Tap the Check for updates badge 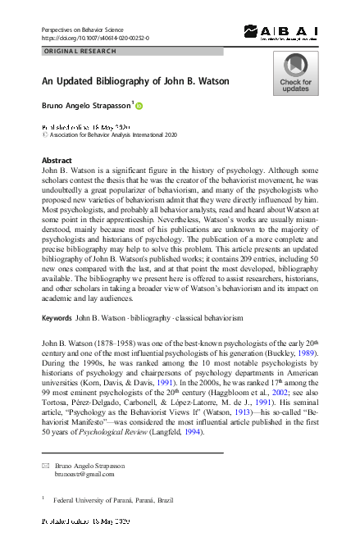295,74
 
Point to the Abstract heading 57,160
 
